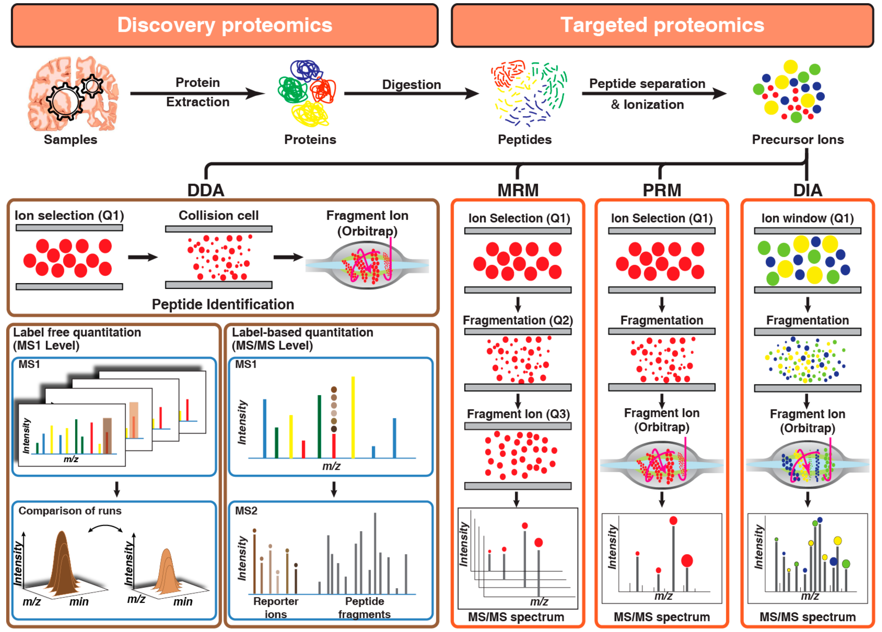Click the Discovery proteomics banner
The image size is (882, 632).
pyautogui.click(x=224, y=25)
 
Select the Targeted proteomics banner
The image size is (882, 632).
pyautogui.click(x=662, y=25)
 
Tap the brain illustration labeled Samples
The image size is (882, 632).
pyautogui.click(x=72, y=93)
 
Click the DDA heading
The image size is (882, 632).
pyautogui.click(x=206, y=190)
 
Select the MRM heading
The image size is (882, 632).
pyautogui.click(x=518, y=190)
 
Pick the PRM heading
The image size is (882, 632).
pyautogui.click(x=661, y=190)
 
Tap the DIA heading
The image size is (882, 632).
pyautogui.click(x=807, y=190)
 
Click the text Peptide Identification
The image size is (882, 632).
pyautogui.click(x=222, y=304)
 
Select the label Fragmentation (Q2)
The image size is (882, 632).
pyautogui.click(x=518, y=320)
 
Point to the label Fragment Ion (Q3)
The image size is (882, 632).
pyautogui.click(x=518, y=414)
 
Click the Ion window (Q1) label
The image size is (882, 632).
pyautogui.click(x=807, y=218)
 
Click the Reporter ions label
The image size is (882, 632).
pyautogui.click(x=276, y=608)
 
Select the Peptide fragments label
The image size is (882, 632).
pyautogui.click(x=364, y=608)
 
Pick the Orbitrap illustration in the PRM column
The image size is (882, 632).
pyautogui.click(x=661, y=465)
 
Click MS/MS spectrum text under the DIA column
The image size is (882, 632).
pyautogui.click(x=807, y=617)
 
